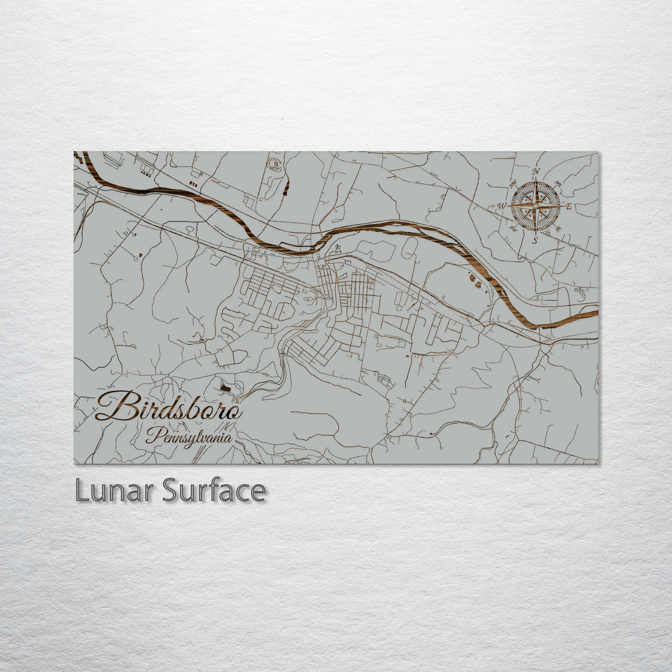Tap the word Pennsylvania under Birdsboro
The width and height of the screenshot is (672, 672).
189,436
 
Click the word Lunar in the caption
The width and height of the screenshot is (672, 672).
114,491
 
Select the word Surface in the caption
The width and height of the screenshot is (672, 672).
214,491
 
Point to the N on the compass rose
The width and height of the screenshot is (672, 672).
536,172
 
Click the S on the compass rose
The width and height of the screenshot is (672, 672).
535,240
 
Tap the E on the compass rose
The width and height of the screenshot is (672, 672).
568,206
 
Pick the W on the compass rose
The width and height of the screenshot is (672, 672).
502,207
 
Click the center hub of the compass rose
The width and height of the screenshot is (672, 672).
535,205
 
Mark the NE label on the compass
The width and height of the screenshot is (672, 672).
558,184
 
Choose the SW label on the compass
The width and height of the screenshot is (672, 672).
513,228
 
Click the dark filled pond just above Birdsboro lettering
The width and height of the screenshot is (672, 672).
225,388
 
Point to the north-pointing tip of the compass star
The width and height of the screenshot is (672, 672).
535,180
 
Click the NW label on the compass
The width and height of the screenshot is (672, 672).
514,184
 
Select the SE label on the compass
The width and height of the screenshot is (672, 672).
558,228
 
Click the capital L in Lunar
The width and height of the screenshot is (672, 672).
81,491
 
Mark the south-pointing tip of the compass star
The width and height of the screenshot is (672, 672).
535,232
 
